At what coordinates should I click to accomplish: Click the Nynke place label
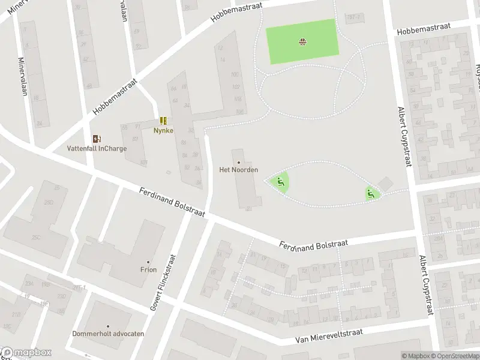click(x=163, y=130)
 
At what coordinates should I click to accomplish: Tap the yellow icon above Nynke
click(x=163, y=121)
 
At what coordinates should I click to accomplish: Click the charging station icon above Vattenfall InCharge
click(x=97, y=139)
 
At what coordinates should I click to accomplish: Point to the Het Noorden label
click(x=238, y=170)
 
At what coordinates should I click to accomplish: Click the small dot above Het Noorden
click(x=239, y=162)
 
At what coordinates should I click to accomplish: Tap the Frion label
click(x=148, y=269)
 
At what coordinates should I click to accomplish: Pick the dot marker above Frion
click(x=149, y=262)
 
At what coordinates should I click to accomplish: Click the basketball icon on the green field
click(x=302, y=41)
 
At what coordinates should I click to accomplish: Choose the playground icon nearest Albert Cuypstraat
click(x=370, y=193)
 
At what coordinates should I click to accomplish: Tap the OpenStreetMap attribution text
click(x=454, y=356)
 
